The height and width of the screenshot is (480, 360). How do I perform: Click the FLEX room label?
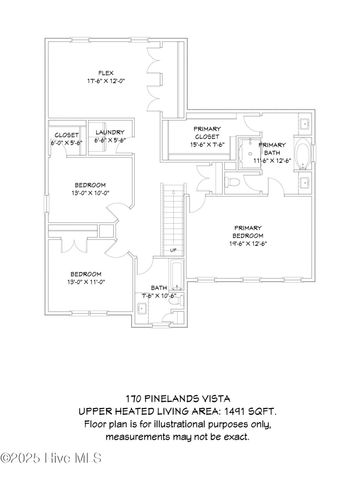(102, 73)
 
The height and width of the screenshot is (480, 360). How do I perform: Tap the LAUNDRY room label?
(109, 134)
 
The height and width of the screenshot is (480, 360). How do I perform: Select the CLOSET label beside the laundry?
(67, 134)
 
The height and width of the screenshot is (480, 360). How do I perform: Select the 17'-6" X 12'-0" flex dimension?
(103, 81)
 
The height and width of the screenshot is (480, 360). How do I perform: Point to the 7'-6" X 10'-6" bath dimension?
(159, 296)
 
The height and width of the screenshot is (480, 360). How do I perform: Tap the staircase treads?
(175, 215)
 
